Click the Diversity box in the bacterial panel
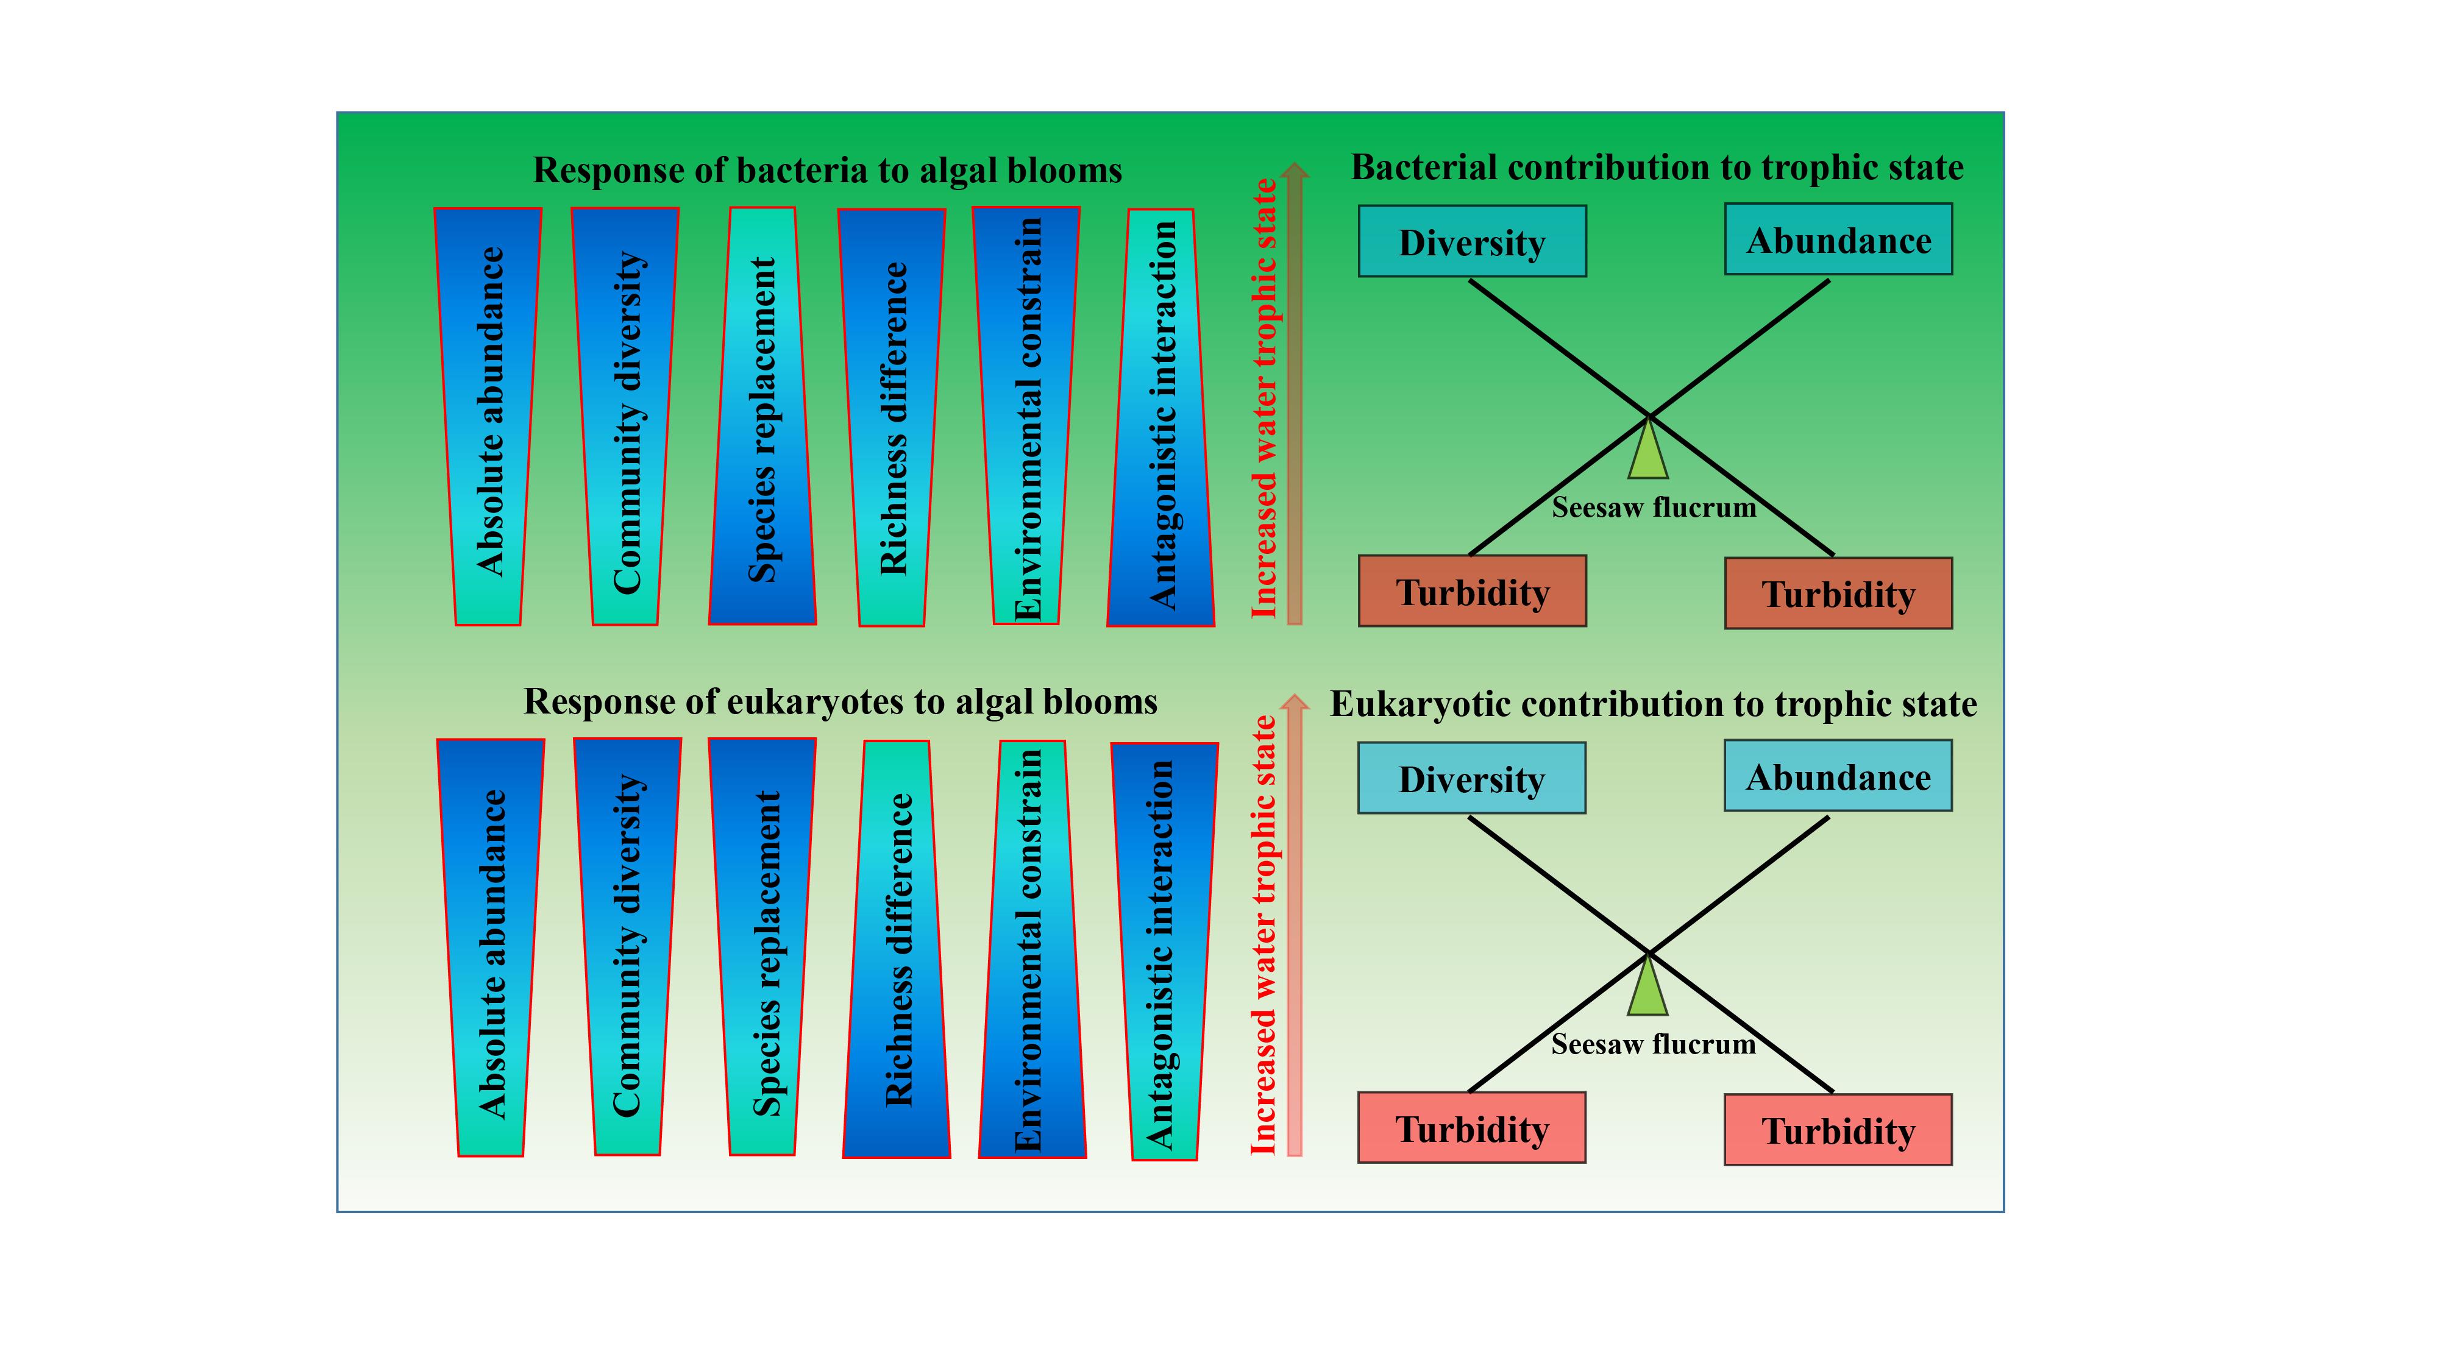1472,241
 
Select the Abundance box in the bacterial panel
1838,239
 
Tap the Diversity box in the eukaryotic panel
1472,778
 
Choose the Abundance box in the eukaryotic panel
1838,776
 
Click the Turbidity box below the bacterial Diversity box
1472,591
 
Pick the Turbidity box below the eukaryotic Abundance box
1838,1130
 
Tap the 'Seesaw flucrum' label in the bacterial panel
1654,508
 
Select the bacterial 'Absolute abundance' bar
488,416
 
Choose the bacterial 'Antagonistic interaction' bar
1160,417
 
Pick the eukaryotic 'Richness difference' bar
896,949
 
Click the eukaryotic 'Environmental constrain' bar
1032,949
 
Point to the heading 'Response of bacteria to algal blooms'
827,171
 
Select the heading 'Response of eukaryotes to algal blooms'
841,702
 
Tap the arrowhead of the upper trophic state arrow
1294,171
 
